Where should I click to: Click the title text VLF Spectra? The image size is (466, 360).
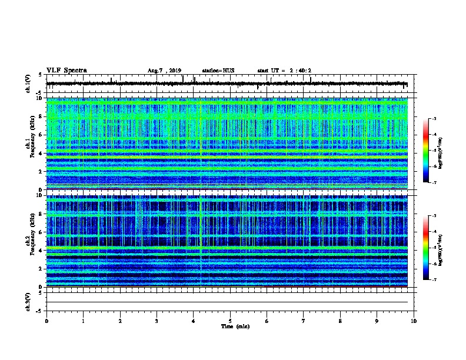[66, 71]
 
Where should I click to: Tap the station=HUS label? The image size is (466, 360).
[218, 71]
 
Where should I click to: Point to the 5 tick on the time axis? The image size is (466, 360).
[230, 321]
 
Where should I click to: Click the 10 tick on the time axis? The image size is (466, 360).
[414, 321]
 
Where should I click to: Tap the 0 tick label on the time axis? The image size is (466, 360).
[46, 321]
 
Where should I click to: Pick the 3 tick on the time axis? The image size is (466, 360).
[157, 321]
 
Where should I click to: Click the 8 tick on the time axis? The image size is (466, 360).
[340, 321]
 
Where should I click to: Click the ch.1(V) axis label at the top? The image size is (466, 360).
[28, 84]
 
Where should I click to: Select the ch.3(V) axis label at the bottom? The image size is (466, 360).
[28, 301]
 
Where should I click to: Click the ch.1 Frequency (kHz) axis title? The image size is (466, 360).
[29, 144]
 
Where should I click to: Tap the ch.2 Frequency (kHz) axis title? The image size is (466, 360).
[29, 241]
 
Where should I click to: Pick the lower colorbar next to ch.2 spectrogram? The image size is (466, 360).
[425, 248]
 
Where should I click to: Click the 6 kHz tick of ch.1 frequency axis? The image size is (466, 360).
[41, 135]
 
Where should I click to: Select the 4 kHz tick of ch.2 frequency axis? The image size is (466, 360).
[41, 251]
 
